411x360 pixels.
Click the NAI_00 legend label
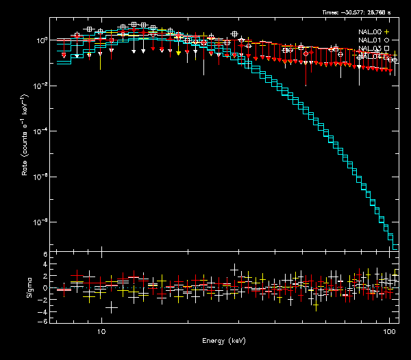click(x=370, y=32)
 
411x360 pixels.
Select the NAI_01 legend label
click(x=370, y=40)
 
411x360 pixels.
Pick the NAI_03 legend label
click(x=370, y=49)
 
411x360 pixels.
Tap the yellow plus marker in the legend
click(x=387, y=32)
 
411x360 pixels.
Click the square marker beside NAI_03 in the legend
click(x=387, y=49)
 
